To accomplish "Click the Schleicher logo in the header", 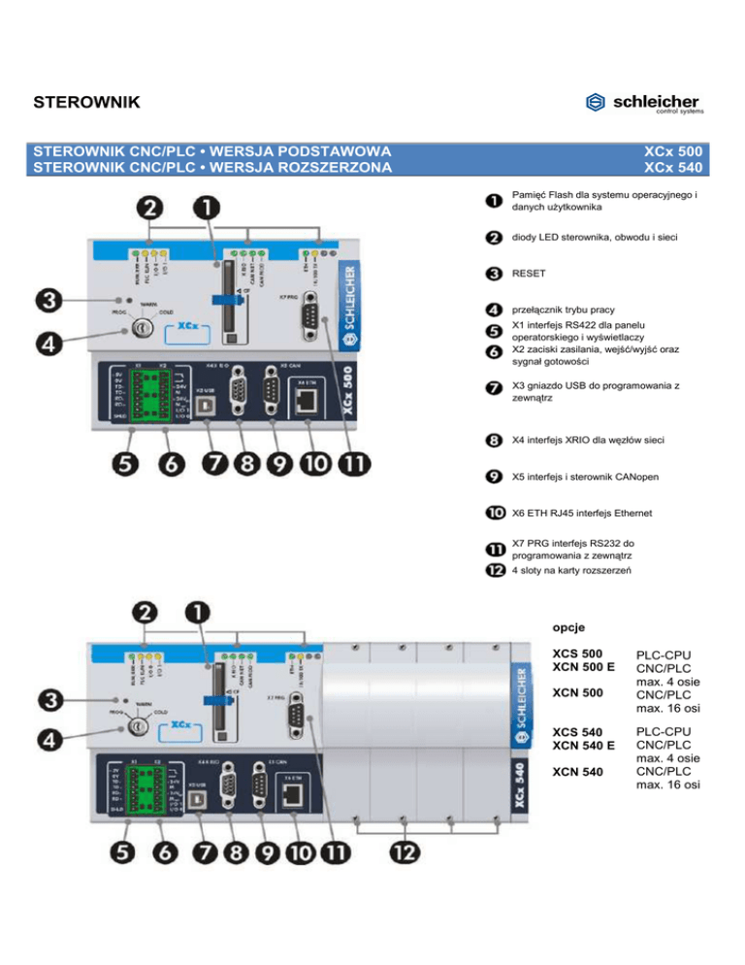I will [x=644, y=103].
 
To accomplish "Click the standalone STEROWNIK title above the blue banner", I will [x=86, y=102].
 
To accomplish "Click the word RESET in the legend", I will [x=530, y=275].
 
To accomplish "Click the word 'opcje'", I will [x=568, y=628].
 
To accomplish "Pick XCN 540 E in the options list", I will [x=583, y=745].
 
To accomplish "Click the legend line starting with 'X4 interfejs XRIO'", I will [x=590, y=442].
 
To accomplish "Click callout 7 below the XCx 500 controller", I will [x=211, y=464].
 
